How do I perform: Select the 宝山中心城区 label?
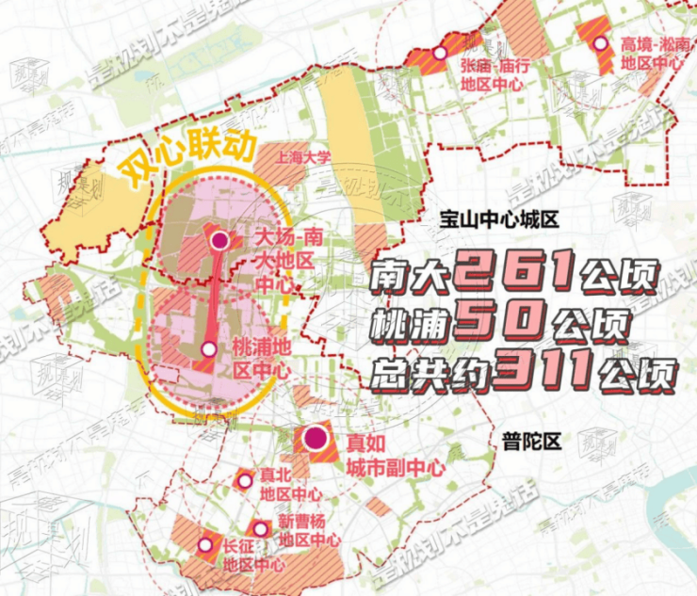click(499, 220)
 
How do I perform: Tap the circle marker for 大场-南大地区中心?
click(220, 241)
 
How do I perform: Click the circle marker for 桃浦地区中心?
click(209, 349)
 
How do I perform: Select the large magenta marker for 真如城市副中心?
click(314, 438)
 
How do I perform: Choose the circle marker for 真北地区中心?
click(245, 481)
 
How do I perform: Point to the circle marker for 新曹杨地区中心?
click(261, 528)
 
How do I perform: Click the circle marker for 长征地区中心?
click(205, 544)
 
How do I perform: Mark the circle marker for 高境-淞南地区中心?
click(600, 42)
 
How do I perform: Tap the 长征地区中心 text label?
click(252, 555)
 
